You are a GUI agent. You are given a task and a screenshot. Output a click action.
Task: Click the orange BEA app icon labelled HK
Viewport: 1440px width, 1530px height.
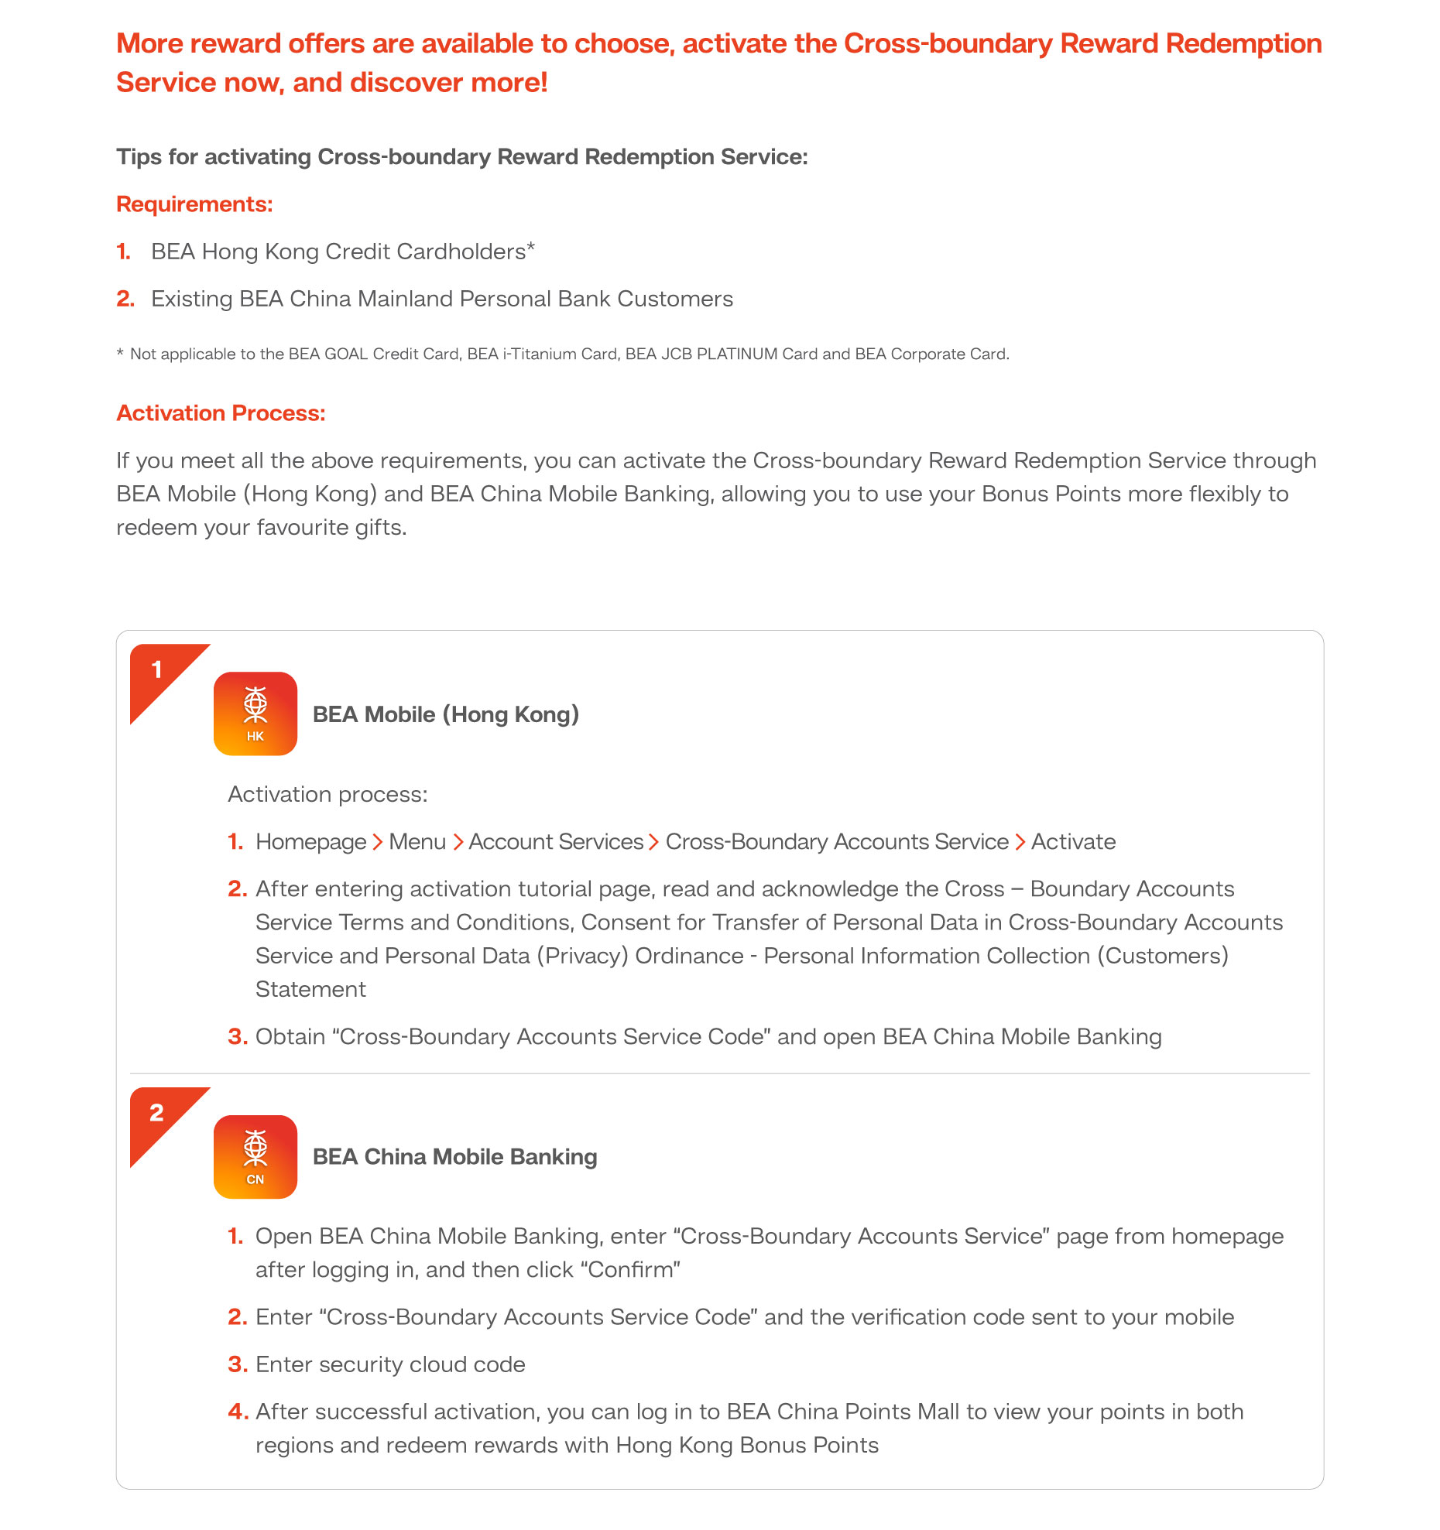tap(255, 714)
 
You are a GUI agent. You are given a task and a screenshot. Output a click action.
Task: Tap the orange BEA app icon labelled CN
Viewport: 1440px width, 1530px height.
tap(255, 1156)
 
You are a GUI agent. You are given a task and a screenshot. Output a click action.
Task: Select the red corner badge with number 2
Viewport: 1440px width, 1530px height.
tap(159, 1114)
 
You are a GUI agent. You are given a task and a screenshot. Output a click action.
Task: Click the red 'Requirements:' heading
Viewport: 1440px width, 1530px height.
tap(194, 204)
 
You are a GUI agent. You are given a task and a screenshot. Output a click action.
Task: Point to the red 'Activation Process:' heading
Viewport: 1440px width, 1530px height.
tap(221, 413)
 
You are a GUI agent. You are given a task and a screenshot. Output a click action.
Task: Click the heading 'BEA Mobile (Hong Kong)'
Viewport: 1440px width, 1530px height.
tap(445, 714)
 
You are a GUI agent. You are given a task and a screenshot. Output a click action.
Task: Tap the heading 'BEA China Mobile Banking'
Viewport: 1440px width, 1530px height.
tap(454, 1157)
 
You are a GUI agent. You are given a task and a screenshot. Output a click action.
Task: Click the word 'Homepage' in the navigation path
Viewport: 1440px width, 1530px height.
tap(310, 842)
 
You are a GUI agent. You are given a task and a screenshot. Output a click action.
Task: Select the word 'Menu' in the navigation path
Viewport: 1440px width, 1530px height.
tap(417, 842)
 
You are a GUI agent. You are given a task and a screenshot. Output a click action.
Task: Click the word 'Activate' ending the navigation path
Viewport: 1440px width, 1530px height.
tap(1073, 842)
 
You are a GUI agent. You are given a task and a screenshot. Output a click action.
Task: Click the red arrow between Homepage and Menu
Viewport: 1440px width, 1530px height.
tap(378, 842)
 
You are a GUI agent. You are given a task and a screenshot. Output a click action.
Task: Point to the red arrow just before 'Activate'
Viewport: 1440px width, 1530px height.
tap(1020, 842)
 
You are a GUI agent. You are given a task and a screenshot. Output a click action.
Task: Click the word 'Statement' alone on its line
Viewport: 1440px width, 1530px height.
tap(310, 990)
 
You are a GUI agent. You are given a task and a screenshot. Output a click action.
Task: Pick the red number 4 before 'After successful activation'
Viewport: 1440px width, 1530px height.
tap(237, 1412)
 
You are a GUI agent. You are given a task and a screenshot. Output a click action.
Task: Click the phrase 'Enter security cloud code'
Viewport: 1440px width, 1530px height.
tap(390, 1364)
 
